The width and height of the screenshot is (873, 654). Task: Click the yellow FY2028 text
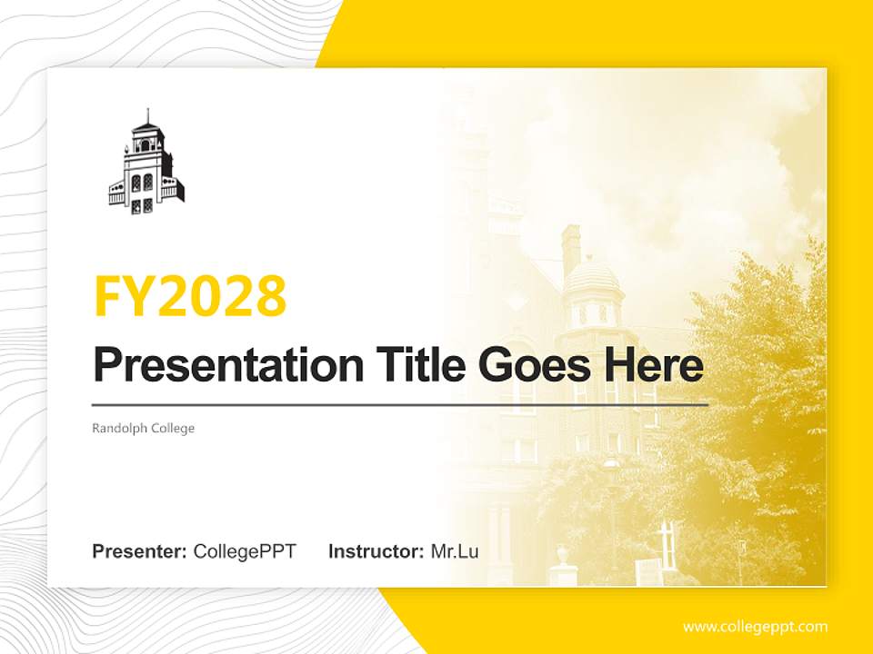pyautogui.click(x=190, y=295)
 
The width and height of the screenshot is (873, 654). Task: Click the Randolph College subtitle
pyautogui.click(x=144, y=428)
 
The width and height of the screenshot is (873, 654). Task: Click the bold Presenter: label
pyautogui.click(x=140, y=551)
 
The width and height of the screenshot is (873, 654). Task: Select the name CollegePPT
pyautogui.click(x=245, y=551)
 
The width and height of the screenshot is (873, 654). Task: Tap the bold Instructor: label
pyautogui.click(x=376, y=551)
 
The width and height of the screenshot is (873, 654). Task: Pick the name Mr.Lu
pyautogui.click(x=455, y=551)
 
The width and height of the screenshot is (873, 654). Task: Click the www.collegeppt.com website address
pyautogui.click(x=755, y=626)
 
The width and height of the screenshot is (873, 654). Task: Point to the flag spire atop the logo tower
pyautogui.click(x=146, y=115)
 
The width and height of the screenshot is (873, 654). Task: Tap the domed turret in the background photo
pyautogui.click(x=591, y=291)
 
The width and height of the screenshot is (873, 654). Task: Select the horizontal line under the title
pyautogui.click(x=400, y=403)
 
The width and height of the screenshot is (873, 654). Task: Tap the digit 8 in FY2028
pyautogui.click(x=270, y=295)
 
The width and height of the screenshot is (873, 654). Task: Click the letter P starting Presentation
pyautogui.click(x=107, y=365)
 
